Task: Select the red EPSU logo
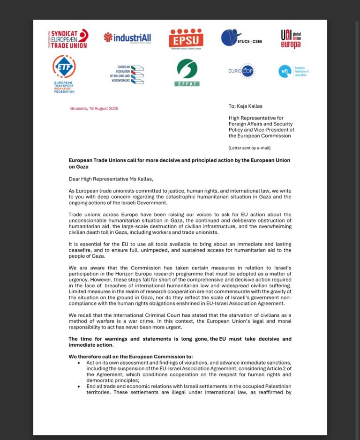point(186,39)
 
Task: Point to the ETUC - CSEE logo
point(241,37)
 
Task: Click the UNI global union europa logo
point(291,38)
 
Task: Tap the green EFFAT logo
point(187,73)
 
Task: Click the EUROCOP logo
point(241,72)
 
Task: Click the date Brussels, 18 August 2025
point(94,108)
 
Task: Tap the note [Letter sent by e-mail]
point(249,148)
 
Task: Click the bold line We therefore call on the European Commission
point(127,357)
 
